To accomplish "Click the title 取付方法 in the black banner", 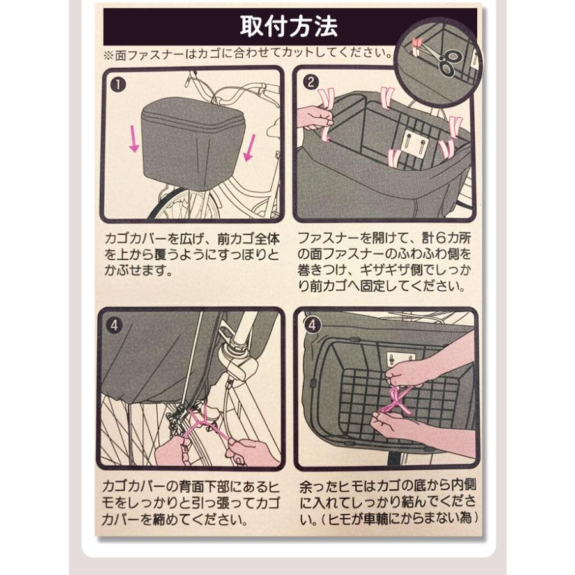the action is (x=289, y=26).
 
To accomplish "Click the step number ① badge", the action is (x=118, y=85).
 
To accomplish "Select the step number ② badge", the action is (x=310, y=82).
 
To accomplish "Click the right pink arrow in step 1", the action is (x=250, y=148).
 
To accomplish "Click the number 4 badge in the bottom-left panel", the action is (x=114, y=325).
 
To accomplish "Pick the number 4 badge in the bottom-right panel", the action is (x=312, y=325).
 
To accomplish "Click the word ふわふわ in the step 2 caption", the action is (x=422, y=254).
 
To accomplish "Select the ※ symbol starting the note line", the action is (x=109, y=56).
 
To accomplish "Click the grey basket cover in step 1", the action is (x=192, y=143).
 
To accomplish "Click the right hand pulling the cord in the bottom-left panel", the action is (x=249, y=451).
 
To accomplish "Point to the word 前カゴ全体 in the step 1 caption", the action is (x=249, y=239).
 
